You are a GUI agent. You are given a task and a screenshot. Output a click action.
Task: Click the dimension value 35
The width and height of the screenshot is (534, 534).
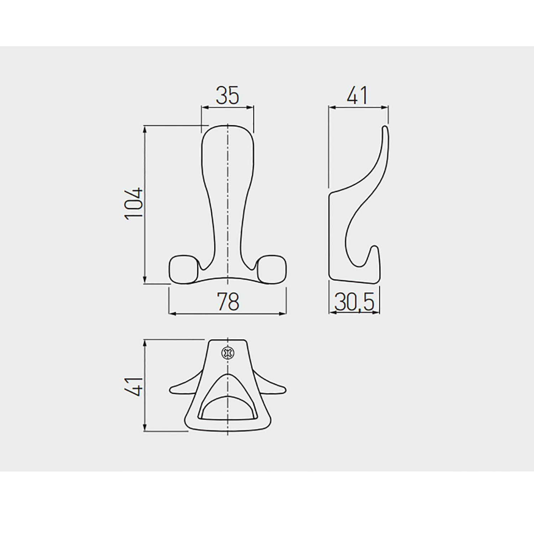point(227,95)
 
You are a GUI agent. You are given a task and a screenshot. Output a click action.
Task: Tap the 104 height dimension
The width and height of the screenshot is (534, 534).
point(134,203)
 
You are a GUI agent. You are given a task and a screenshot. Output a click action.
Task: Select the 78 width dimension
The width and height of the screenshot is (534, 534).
point(228,302)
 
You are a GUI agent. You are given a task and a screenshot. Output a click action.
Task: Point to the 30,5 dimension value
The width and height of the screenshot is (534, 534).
point(354,302)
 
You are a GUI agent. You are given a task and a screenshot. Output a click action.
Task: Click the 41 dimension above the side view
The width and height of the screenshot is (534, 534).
point(357,95)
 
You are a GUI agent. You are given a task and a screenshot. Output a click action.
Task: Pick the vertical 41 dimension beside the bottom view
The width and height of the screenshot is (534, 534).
point(134,386)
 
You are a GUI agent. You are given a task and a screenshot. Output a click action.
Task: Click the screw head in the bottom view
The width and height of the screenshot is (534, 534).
point(227,353)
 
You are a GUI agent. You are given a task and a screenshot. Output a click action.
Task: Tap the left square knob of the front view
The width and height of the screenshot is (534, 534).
point(183,269)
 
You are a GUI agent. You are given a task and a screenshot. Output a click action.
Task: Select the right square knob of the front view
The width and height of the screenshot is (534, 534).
point(272,269)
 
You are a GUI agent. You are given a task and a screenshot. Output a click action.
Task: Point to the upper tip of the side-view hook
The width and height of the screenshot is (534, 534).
point(385,127)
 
